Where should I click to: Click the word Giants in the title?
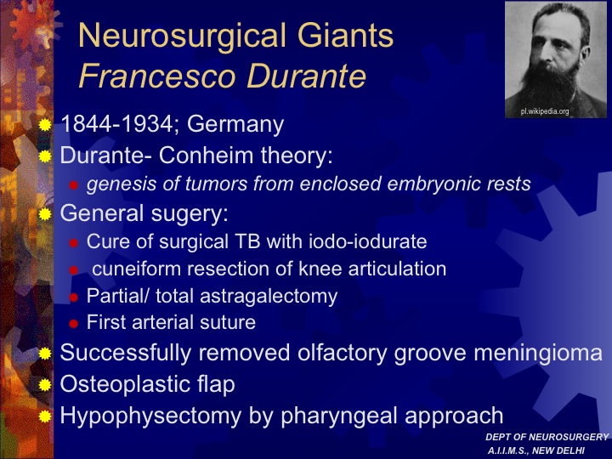tap(345, 35)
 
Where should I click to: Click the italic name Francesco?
tap(157, 76)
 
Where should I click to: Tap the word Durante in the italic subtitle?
tap(306, 76)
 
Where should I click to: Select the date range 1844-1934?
tap(116, 124)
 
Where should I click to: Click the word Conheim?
tap(207, 155)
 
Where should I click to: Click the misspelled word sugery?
tap(190, 214)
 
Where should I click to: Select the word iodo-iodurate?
tap(368, 241)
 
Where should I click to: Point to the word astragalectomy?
tap(269, 297)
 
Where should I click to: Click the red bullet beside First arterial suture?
tap(73, 324)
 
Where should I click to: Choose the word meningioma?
tap(538, 354)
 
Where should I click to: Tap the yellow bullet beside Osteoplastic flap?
tap(45, 385)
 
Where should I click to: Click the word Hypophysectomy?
tap(151, 416)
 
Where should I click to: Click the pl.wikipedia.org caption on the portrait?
tap(545, 111)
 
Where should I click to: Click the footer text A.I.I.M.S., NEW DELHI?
tap(535, 450)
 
